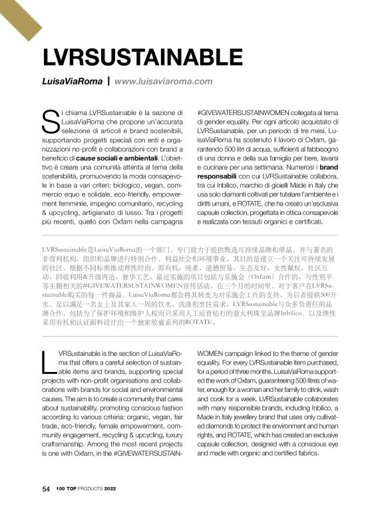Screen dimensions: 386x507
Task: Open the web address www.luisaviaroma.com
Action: coord(163,81)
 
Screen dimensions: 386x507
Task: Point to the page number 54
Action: coord(46,489)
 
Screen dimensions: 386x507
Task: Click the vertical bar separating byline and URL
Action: coord(107,81)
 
